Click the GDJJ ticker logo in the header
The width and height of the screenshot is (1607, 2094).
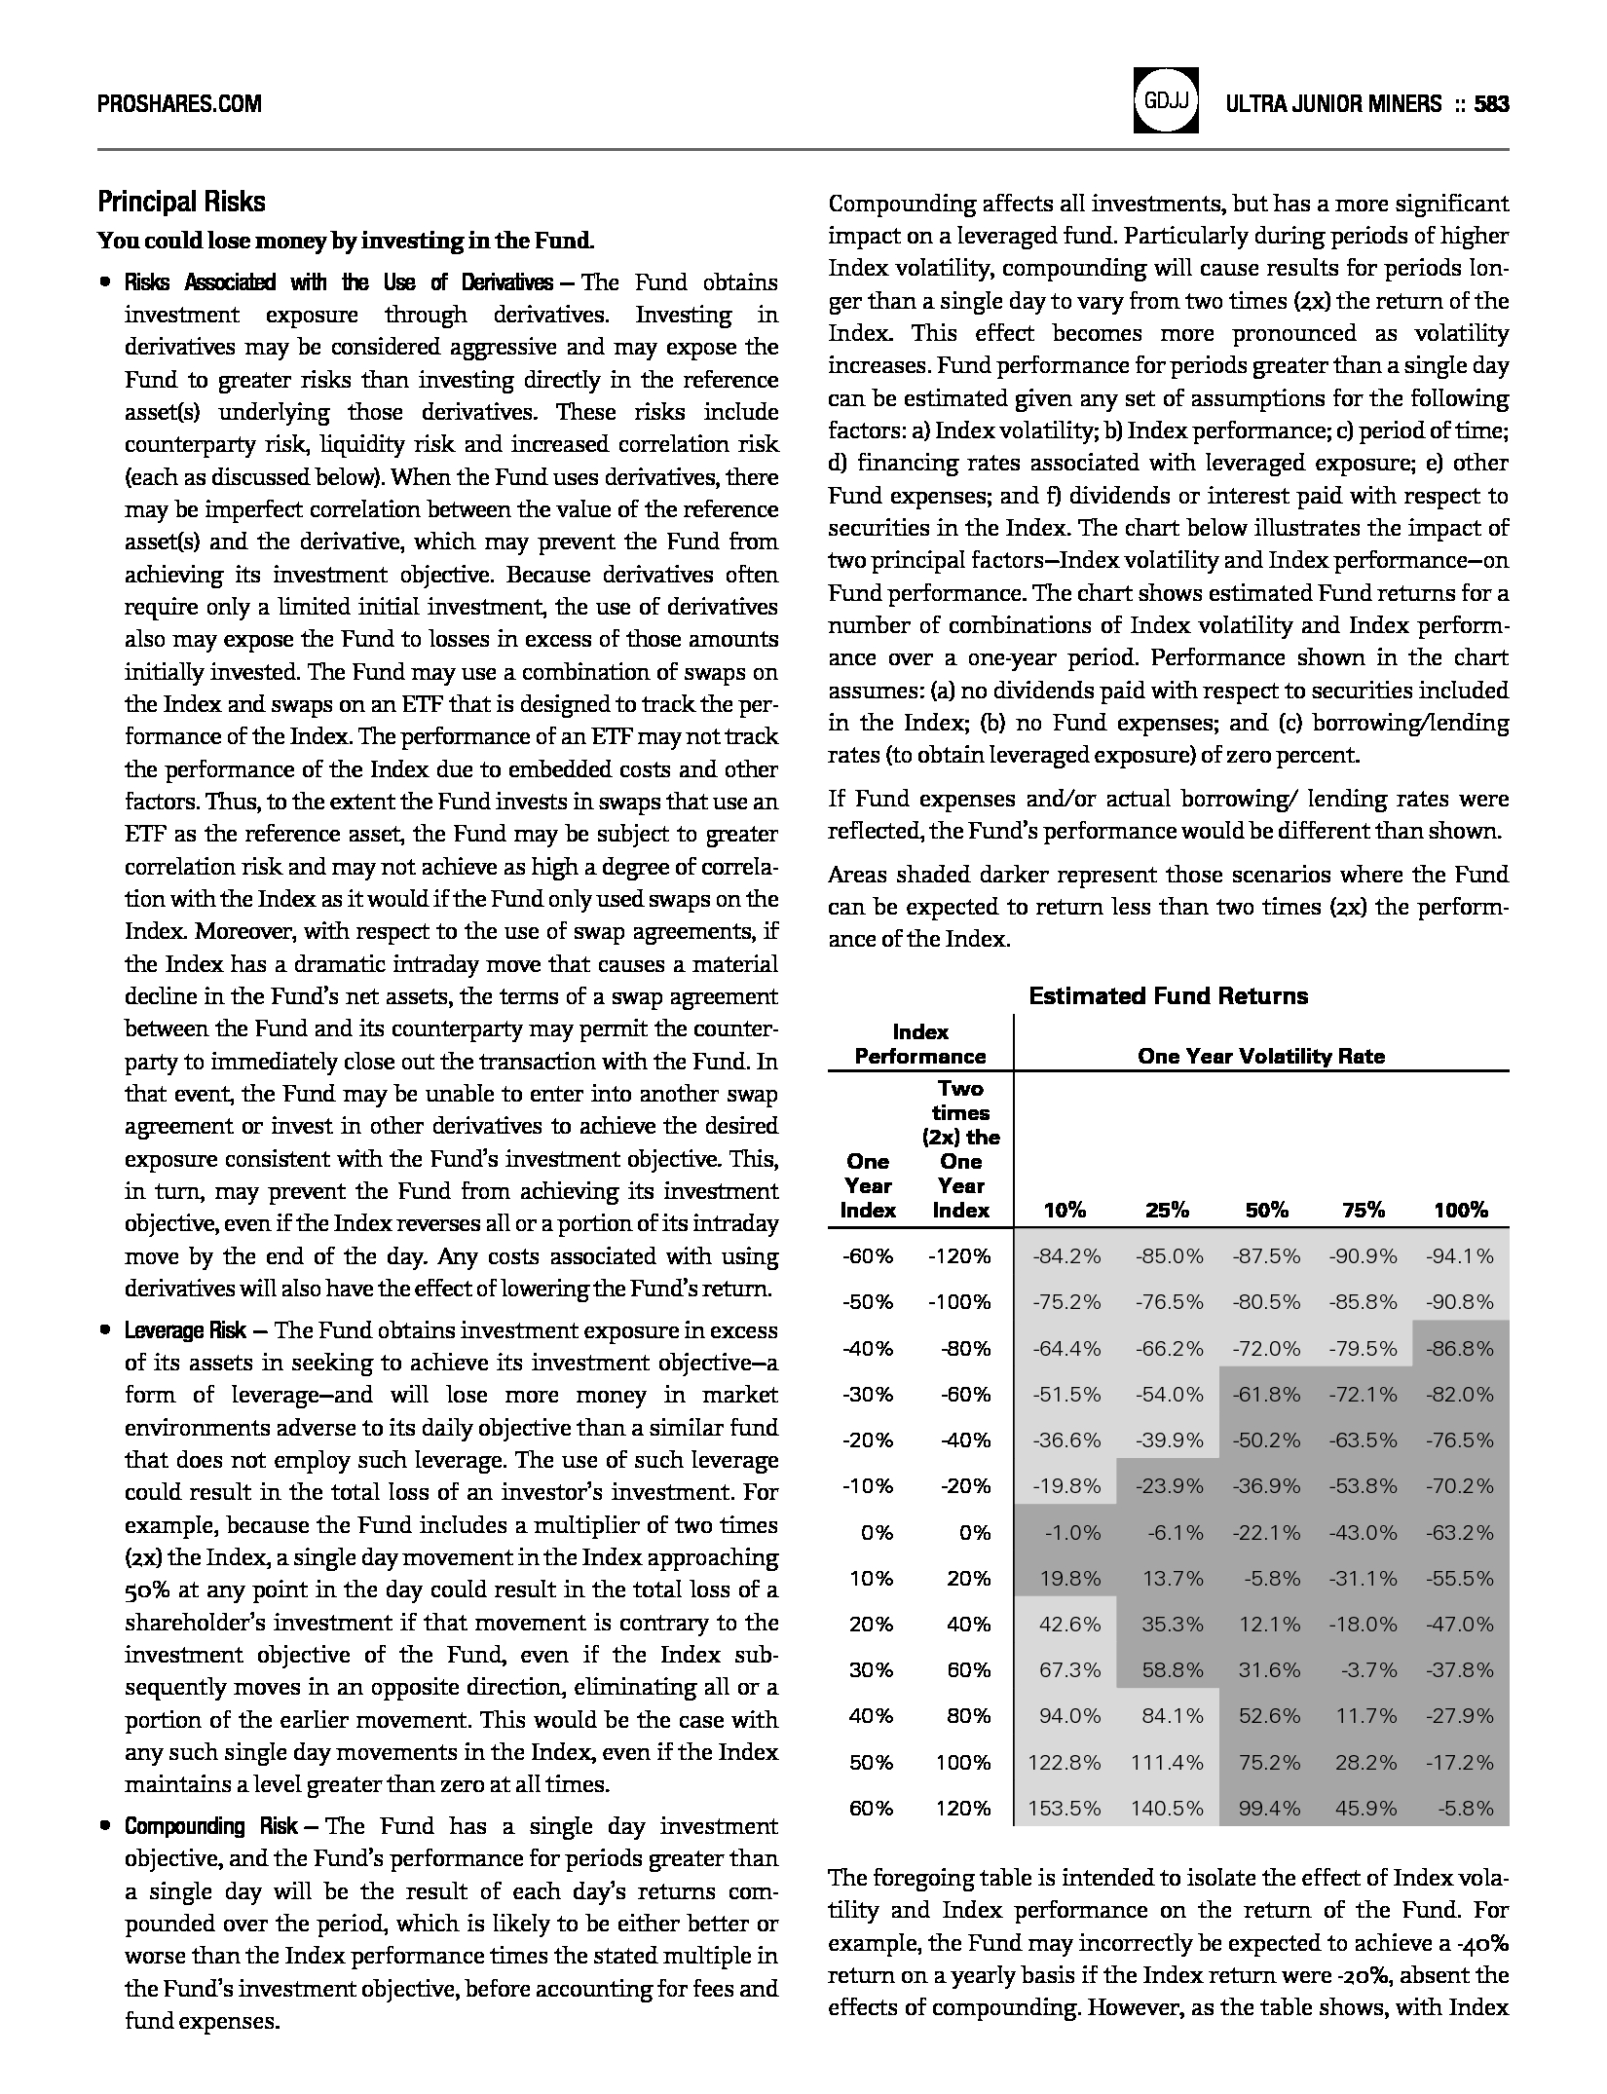click(x=1164, y=100)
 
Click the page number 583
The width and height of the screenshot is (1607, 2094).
click(x=1491, y=103)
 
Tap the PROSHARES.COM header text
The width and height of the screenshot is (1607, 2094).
click(x=179, y=103)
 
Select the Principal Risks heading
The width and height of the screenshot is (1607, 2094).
click(x=181, y=202)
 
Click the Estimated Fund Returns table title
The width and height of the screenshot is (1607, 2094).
click(x=1168, y=995)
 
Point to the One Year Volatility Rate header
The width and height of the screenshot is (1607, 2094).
click(x=1260, y=1056)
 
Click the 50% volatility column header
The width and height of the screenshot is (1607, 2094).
click(x=1266, y=1211)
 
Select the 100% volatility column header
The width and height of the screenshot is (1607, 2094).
click(x=1460, y=1211)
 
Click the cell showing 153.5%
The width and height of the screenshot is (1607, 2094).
click(x=1065, y=1809)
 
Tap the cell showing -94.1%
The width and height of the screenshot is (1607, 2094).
click(x=1459, y=1256)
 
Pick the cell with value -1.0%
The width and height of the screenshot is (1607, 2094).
click(x=1072, y=1533)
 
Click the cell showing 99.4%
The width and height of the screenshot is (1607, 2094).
click(x=1269, y=1809)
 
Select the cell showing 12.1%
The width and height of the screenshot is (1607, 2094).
click(x=1269, y=1625)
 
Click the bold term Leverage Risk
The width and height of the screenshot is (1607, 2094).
click(x=185, y=1330)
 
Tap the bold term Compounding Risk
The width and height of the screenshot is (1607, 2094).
click(x=211, y=1826)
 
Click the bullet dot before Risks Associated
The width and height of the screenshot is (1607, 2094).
click(x=103, y=283)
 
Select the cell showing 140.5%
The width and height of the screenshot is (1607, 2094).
click(x=1167, y=1809)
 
